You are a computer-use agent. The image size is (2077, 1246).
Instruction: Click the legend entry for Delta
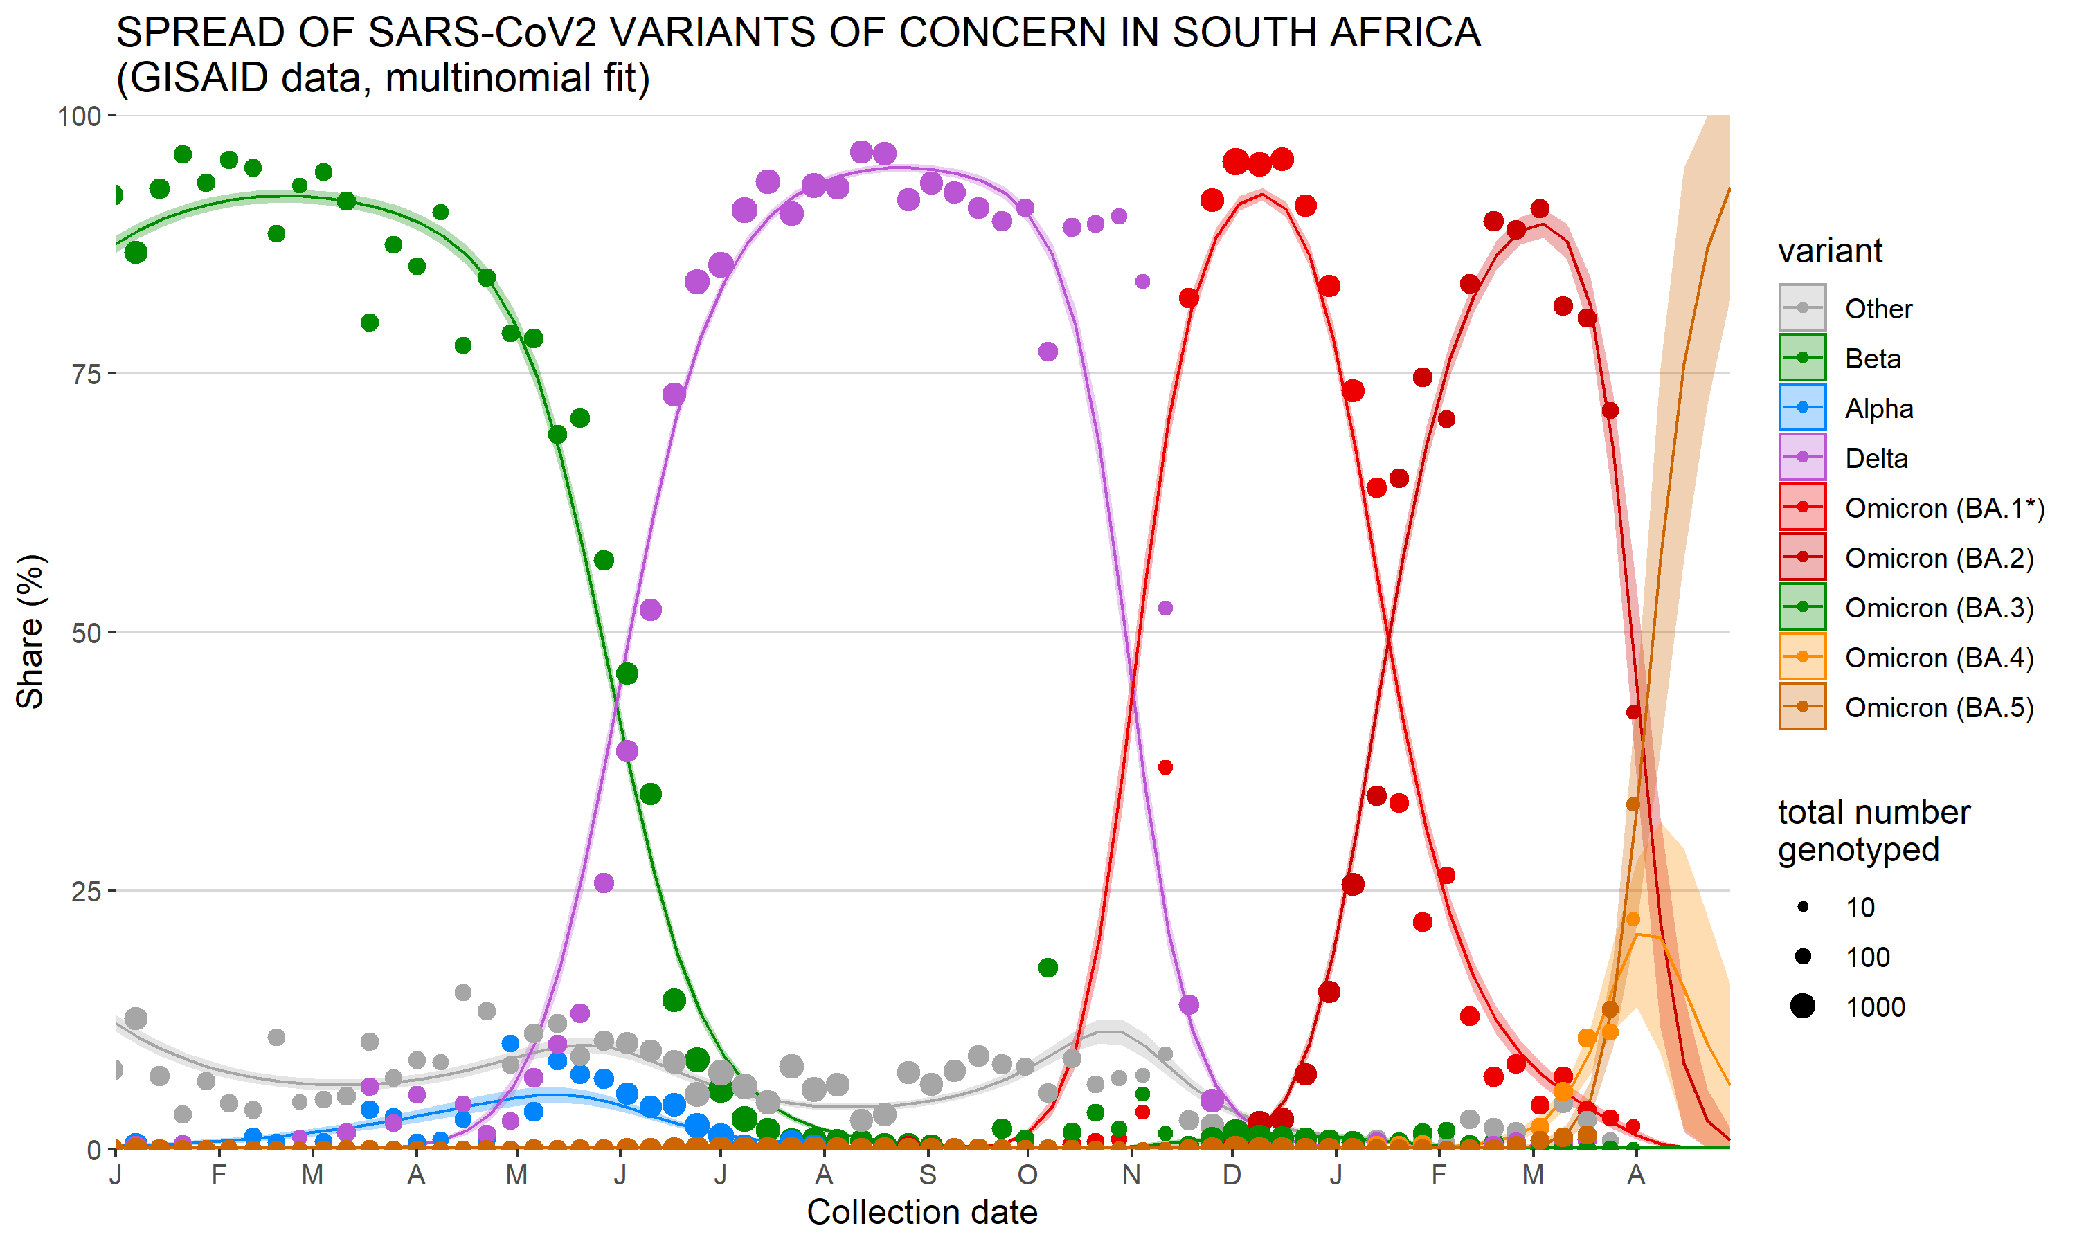[1876, 458]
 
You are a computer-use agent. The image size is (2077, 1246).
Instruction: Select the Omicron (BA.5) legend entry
[1939, 708]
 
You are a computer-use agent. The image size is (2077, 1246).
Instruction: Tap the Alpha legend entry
[1878, 409]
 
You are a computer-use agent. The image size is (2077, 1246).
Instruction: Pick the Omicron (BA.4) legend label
[1939, 658]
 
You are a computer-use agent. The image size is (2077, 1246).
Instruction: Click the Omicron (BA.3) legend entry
[1939, 608]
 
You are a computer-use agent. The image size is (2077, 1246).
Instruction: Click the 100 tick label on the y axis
[79, 116]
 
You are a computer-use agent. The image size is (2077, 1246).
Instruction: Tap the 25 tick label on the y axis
[87, 891]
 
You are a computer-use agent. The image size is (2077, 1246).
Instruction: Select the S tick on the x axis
[927, 1175]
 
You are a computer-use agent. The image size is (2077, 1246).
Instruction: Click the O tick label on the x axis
[1027, 1175]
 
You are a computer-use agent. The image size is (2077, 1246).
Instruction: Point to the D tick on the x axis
[1232, 1175]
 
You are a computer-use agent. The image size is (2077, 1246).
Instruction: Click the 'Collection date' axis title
[921, 1212]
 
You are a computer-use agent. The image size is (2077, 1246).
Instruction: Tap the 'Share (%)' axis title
[30, 631]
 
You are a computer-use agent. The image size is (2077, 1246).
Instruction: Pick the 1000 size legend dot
[1802, 1006]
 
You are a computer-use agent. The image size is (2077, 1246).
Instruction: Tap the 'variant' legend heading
[1829, 251]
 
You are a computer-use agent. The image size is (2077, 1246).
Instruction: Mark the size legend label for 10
[1860, 908]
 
